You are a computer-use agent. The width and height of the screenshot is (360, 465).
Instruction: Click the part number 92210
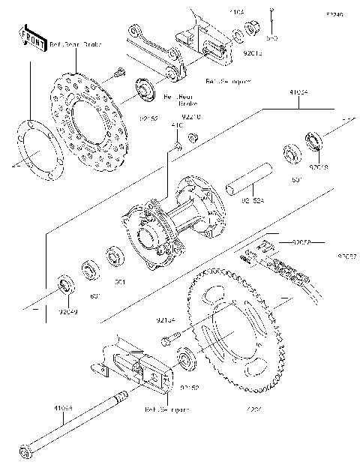[x=193, y=116]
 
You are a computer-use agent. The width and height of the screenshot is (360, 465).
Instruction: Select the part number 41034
[x=298, y=93]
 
